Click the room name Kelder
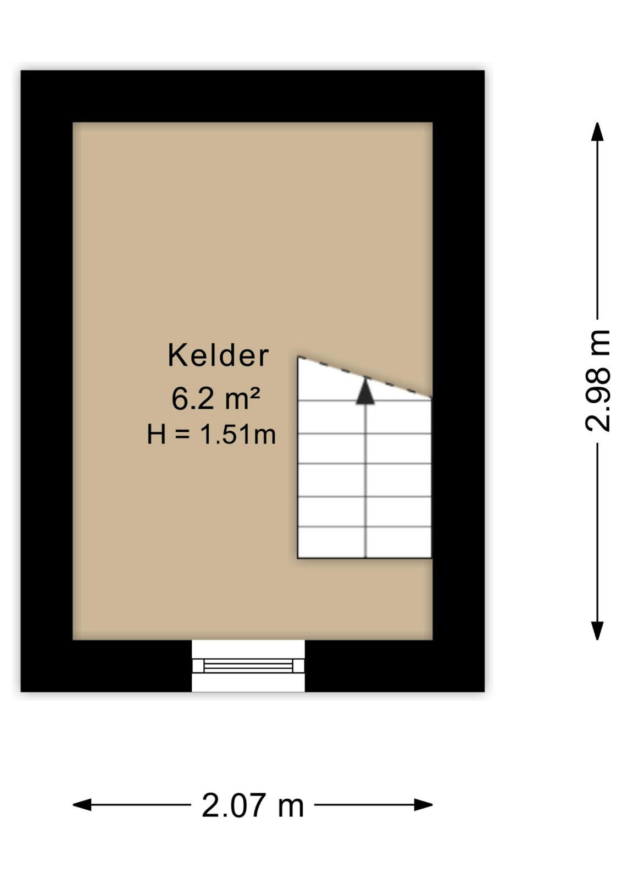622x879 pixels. click(x=218, y=355)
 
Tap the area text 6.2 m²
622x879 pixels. click(x=215, y=398)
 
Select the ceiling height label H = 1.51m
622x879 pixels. click(x=212, y=435)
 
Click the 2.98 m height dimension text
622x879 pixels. click(x=598, y=381)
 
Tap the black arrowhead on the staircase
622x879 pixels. click(x=365, y=391)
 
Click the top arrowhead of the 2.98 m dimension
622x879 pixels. click(x=597, y=131)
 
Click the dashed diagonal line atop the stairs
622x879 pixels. click(x=364, y=377)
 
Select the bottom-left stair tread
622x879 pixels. click(x=331, y=542)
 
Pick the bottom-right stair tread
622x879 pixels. click(x=399, y=542)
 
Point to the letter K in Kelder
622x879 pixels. click(x=176, y=355)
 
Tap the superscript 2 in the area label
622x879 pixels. click(x=255, y=392)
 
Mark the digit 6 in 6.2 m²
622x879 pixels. click(x=179, y=399)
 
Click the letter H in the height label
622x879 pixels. click(x=156, y=435)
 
